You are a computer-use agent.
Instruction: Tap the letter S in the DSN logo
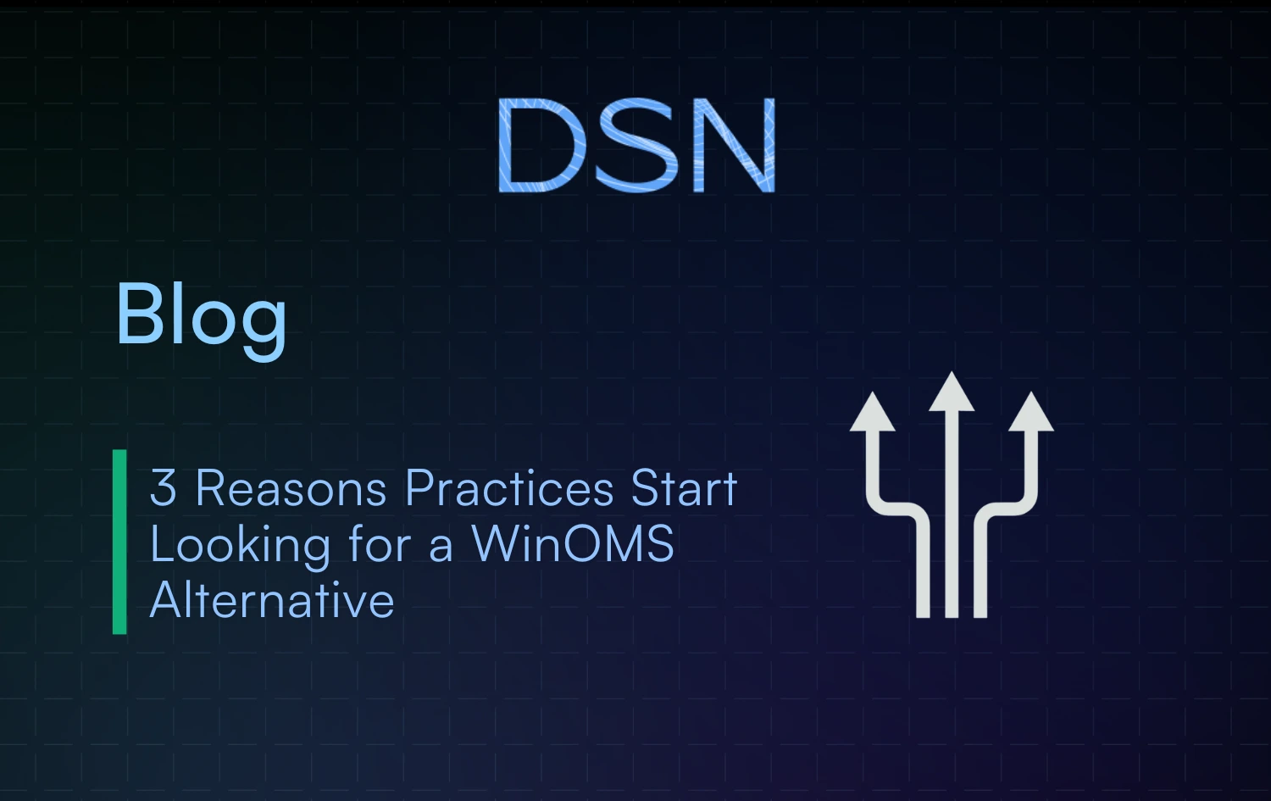point(636,145)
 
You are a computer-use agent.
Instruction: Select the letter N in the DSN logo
point(734,145)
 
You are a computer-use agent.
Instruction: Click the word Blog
point(201,315)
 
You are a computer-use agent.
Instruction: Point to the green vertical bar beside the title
point(119,542)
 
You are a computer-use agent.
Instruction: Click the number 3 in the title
point(163,488)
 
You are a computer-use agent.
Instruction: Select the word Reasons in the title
point(291,488)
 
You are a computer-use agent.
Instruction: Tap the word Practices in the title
point(509,488)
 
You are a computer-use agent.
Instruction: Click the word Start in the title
point(684,488)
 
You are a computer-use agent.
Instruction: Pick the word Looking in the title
point(240,544)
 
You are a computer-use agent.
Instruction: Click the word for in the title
point(380,544)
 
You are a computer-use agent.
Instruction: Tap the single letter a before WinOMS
point(441,546)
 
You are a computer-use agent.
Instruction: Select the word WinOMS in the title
point(572,543)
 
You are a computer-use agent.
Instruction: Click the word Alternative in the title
point(272,600)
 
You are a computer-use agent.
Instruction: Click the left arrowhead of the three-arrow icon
point(873,414)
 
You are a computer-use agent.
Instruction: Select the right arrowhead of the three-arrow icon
point(1031,414)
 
